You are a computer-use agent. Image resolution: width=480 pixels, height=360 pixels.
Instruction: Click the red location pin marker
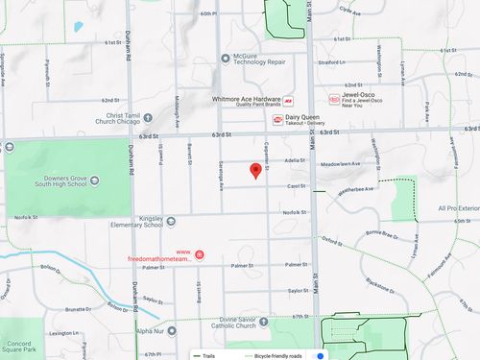255,171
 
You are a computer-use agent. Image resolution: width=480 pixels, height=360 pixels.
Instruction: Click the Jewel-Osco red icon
333,99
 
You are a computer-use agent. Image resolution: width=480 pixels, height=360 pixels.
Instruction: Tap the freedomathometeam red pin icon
200,254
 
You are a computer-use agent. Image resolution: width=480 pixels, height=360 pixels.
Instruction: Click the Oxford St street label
332,240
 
